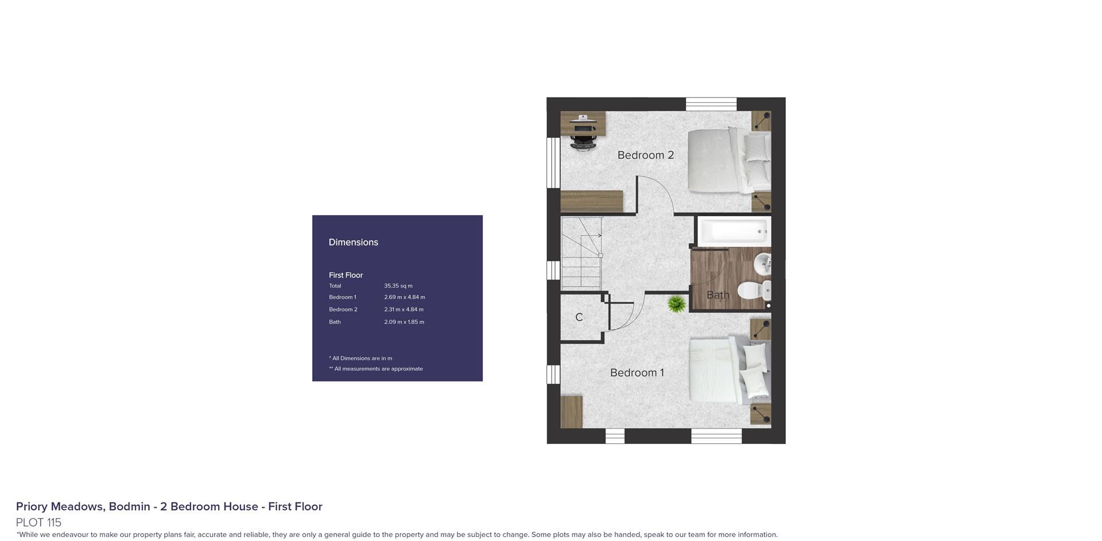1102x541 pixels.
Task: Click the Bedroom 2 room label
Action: click(x=645, y=155)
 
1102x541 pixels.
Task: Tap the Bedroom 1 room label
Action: click(x=637, y=373)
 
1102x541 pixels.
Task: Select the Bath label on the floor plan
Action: click(x=717, y=295)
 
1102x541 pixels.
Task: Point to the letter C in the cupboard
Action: click(x=579, y=317)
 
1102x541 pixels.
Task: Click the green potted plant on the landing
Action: click(x=677, y=304)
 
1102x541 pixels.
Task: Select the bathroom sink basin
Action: click(x=762, y=264)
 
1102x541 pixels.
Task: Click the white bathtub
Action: click(x=733, y=231)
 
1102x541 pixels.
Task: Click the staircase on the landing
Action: click(x=581, y=253)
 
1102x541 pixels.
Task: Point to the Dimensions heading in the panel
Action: click(x=353, y=242)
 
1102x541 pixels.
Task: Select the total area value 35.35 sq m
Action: click(x=398, y=286)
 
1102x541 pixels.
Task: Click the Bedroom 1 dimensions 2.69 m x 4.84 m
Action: click(x=405, y=297)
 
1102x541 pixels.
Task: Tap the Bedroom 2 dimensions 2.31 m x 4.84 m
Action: click(x=403, y=310)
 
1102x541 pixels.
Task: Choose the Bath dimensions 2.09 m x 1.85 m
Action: click(x=404, y=322)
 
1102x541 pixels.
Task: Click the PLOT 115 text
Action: click(x=38, y=523)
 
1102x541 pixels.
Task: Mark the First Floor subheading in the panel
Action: click(x=346, y=275)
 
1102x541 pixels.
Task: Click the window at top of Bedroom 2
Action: click(x=711, y=104)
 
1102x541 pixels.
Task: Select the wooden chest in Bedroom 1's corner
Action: click(x=572, y=411)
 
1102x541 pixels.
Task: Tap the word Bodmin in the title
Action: click(x=130, y=507)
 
